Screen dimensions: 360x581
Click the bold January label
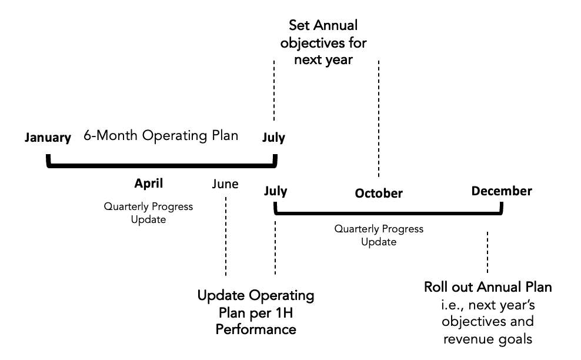tap(48, 138)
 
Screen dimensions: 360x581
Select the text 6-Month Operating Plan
tap(161, 136)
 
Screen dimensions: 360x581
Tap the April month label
tap(148, 184)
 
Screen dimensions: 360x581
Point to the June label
tap(225, 184)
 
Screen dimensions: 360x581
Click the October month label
tap(379, 193)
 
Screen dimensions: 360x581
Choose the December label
tap(502, 191)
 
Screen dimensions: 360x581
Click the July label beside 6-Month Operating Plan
tap(273, 138)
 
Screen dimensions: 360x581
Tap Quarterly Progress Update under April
tap(148, 213)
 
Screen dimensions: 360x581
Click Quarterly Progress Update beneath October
tap(379, 235)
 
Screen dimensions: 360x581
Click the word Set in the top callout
tap(299, 26)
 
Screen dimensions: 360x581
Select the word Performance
tap(256, 329)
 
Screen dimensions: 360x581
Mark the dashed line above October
tap(379, 118)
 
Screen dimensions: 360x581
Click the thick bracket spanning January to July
tap(161, 166)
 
